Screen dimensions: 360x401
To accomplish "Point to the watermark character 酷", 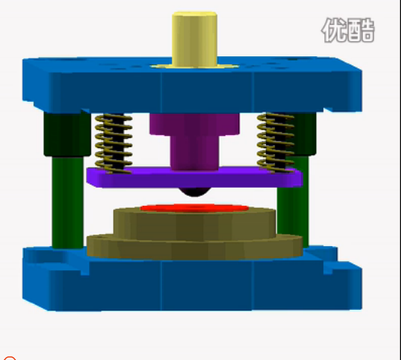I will click(x=362, y=30).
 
